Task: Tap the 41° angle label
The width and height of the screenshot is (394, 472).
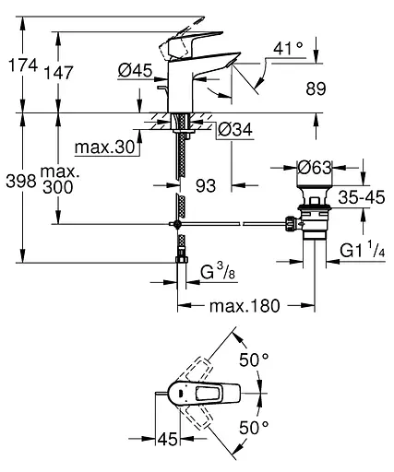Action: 290,48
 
